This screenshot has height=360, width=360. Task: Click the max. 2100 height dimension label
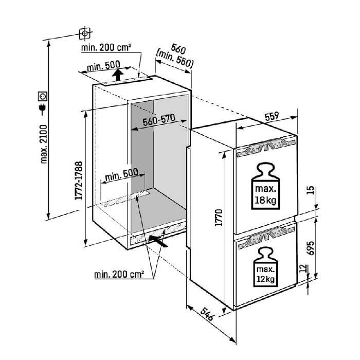43,144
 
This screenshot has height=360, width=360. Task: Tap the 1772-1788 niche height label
79,181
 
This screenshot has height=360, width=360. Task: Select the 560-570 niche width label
159,120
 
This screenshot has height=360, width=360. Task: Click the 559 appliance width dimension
272,116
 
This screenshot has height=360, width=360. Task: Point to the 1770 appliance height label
219,218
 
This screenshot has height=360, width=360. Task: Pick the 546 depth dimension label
207,314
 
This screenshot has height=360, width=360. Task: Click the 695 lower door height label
311,248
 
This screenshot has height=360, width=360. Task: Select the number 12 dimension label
303,268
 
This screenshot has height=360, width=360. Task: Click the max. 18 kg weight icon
266,186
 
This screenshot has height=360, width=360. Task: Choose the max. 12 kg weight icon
265,267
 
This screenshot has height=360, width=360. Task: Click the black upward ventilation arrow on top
118,75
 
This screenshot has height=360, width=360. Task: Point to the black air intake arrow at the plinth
158,241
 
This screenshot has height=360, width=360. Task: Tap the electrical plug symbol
43,109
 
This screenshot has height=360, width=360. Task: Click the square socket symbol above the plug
43,96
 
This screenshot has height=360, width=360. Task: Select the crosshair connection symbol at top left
85,34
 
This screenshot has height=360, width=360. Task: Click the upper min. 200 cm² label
106,47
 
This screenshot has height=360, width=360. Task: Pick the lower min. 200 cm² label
119,274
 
